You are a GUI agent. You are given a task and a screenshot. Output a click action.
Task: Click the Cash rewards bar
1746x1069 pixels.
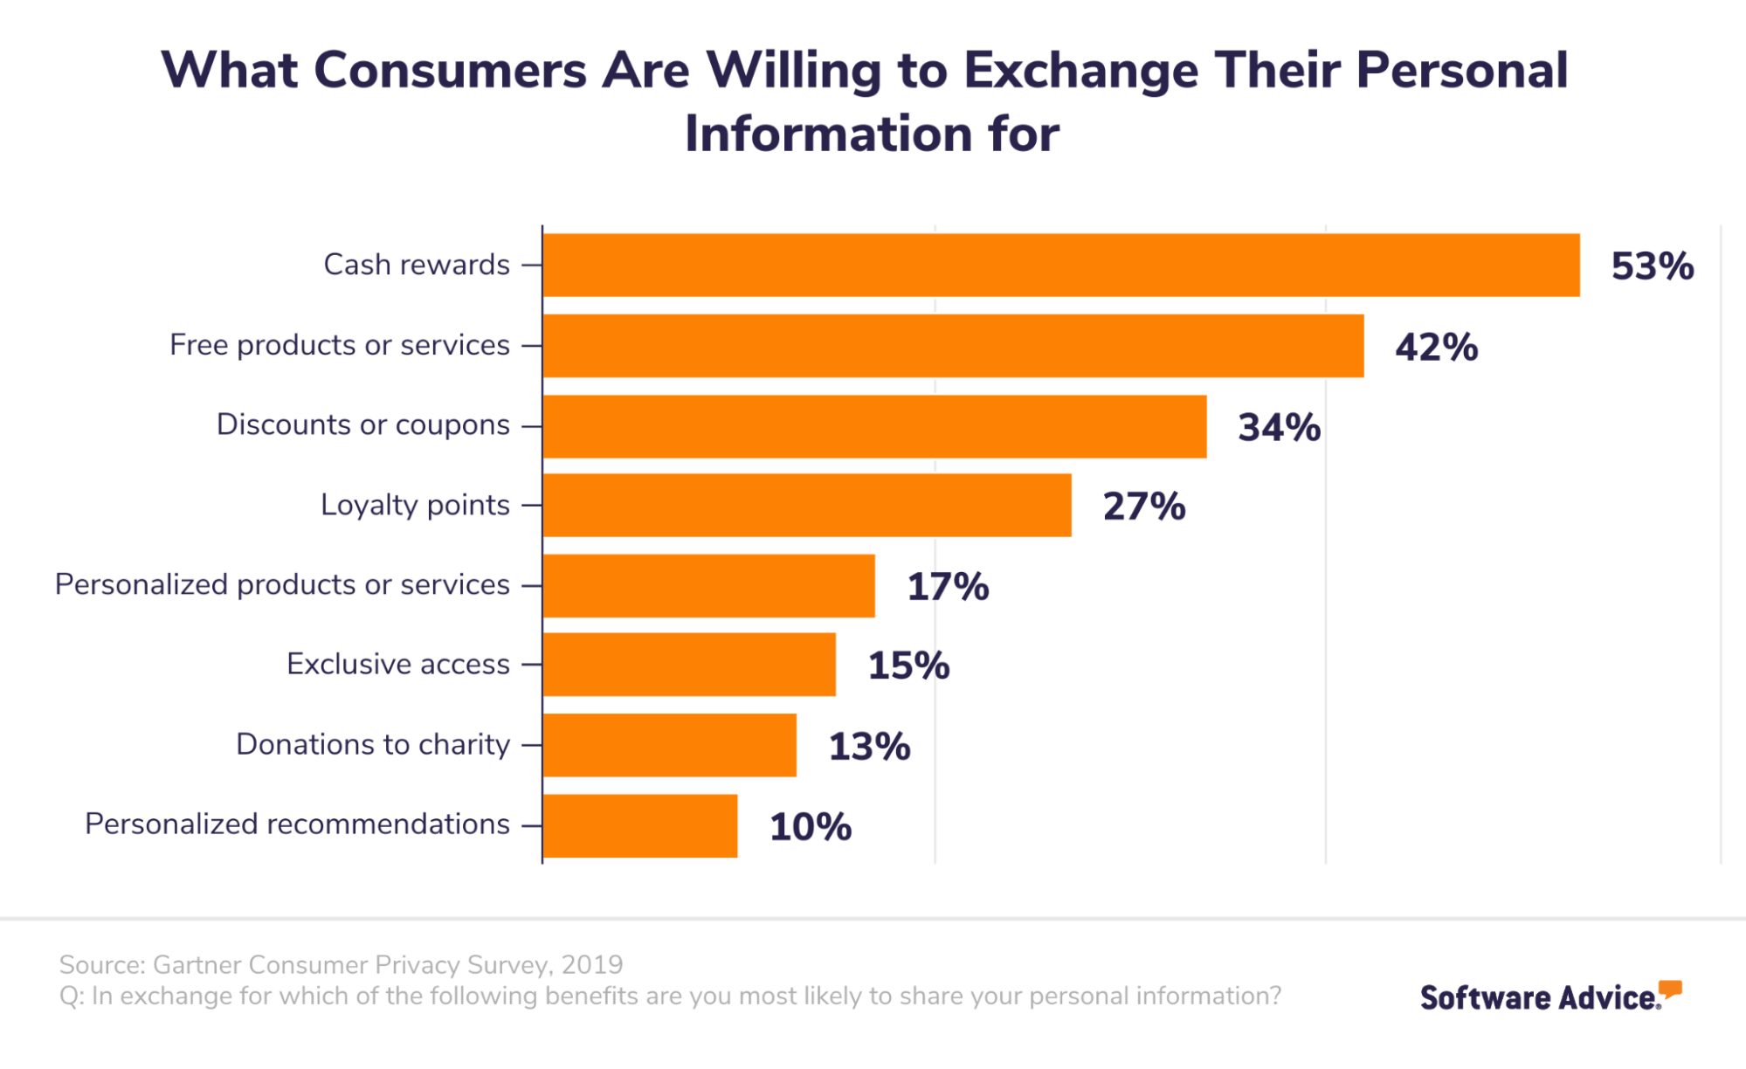(1061, 265)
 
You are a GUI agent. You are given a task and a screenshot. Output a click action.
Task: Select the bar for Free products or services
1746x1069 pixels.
(953, 346)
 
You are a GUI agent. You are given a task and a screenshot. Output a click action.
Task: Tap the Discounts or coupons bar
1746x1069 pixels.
(874, 426)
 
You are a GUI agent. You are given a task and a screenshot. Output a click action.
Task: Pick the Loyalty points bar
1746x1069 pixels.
(807, 505)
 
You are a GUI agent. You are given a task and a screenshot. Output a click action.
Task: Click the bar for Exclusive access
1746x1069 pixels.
(689, 665)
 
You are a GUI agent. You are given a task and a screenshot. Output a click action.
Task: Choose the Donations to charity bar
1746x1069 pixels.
(670, 745)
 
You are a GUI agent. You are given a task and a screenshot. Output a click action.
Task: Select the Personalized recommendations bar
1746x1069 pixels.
(640, 825)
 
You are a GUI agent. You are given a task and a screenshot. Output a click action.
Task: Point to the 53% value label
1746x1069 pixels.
(1653, 266)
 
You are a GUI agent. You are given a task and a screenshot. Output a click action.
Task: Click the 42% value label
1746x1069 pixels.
(1437, 347)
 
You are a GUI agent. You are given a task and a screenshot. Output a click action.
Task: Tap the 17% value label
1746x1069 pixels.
(949, 586)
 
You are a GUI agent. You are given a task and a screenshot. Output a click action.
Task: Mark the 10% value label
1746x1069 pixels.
(811, 826)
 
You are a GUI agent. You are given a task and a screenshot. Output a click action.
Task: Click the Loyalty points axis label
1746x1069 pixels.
(415, 505)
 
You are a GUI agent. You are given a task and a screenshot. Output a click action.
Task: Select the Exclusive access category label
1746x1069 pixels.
(398, 664)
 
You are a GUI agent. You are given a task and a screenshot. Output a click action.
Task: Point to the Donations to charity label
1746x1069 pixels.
(373, 744)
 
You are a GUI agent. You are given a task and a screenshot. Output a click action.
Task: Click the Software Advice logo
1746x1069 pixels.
(1551, 996)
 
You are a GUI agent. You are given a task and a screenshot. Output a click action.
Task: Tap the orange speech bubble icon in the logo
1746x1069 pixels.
(1670, 990)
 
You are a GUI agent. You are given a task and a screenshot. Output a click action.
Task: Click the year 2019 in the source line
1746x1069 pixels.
(592, 964)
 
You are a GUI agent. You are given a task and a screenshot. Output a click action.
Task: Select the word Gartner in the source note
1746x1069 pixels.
(198, 964)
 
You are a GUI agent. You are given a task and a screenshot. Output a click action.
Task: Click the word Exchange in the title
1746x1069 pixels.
(1081, 71)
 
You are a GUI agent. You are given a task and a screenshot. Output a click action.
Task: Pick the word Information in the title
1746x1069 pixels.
(829, 134)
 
